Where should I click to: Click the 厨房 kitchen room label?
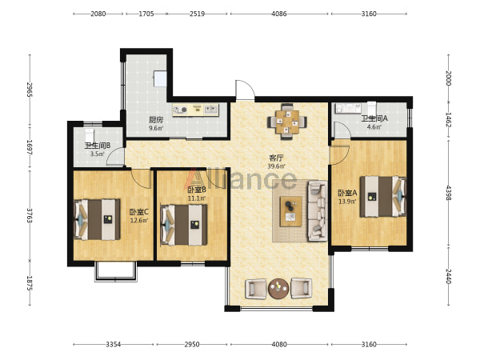[x=156, y=119]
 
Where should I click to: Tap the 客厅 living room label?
[x=276, y=158]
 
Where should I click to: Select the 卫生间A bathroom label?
[x=374, y=118]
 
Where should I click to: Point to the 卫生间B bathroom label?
[x=98, y=146]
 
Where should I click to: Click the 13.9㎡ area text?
[x=347, y=202]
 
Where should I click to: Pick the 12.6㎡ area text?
[x=139, y=220]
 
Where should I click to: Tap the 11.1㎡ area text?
[x=197, y=198]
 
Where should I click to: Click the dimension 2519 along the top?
[x=197, y=14]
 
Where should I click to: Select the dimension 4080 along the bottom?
[x=279, y=344]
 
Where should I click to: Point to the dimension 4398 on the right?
[x=449, y=193]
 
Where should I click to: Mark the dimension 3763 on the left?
[x=30, y=216]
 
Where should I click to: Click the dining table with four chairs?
[x=287, y=122]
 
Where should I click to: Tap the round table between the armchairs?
[x=278, y=288]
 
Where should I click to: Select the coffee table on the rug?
[x=291, y=211]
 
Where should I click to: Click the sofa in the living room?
[x=318, y=211]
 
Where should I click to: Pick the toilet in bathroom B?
[x=90, y=134]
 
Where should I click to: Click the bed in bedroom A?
[x=383, y=196]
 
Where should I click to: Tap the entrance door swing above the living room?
[x=245, y=90]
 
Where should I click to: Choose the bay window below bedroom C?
[x=115, y=272]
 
